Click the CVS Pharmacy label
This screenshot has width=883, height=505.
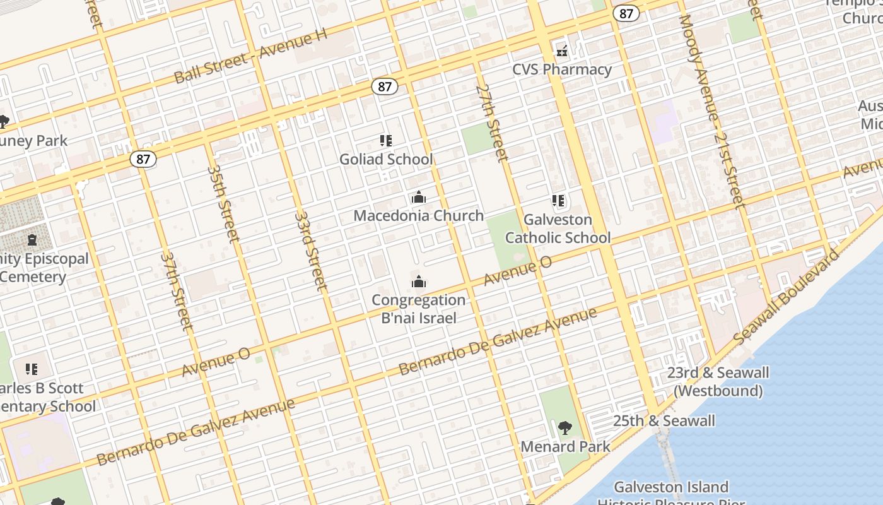coord(562,69)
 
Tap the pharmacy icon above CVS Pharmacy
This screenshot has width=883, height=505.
coord(562,50)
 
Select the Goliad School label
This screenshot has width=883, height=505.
coord(386,159)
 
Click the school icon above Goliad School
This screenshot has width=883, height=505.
coord(385,141)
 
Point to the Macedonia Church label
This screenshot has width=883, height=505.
coord(418,215)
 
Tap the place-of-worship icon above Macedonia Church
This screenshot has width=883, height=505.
coord(418,198)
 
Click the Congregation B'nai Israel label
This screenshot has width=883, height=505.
coord(418,309)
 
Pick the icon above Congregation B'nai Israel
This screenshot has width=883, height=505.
coord(418,282)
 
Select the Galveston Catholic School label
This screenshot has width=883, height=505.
coord(558,229)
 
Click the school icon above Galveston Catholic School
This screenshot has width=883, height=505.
coord(558,201)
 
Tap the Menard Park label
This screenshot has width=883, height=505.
coord(565,447)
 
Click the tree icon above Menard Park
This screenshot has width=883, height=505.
coord(565,429)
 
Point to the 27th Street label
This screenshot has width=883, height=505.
coord(492,122)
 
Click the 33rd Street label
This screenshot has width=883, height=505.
coord(311,250)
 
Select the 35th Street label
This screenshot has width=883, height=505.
coord(223,203)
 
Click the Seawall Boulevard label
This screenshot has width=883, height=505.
coord(787,297)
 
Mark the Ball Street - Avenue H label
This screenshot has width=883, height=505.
coord(250,56)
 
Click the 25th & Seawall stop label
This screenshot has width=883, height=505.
coord(664,421)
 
